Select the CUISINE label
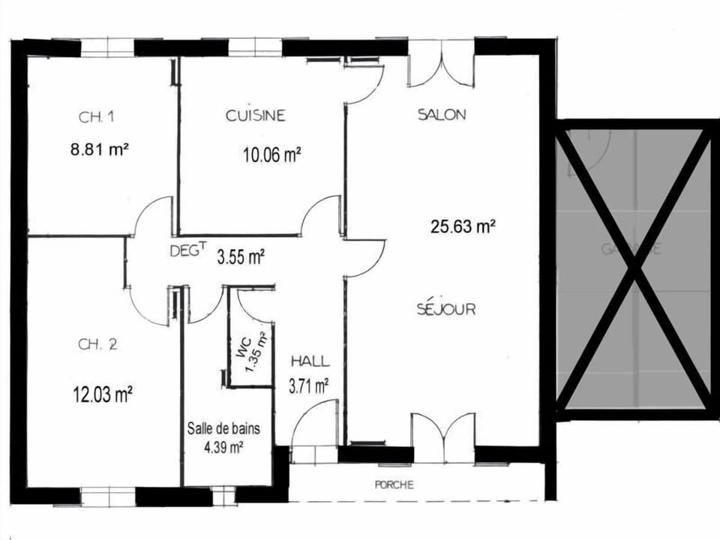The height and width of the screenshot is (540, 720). pyautogui.click(x=256, y=115)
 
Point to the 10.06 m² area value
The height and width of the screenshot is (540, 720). pyautogui.click(x=271, y=155)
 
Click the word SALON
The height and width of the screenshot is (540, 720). pyautogui.click(x=442, y=115)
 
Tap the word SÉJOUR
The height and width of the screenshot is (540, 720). pyautogui.click(x=446, y=309)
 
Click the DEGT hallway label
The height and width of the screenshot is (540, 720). pyautogui.click(x=187, y=252)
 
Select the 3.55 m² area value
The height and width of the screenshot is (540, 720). pyautogui.click(x=240, y=257)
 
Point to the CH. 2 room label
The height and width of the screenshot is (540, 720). pyautogui.click(x=97, y=345)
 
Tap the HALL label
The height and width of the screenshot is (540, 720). pyautogui.click(x=310, y=361)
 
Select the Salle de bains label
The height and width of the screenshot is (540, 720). pyautogui.click(x=223, y=430)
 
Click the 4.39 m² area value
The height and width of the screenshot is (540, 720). pyautogui.click(x=223, y=448)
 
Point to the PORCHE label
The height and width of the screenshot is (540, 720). pyautogui.click(x=394, y=485)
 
